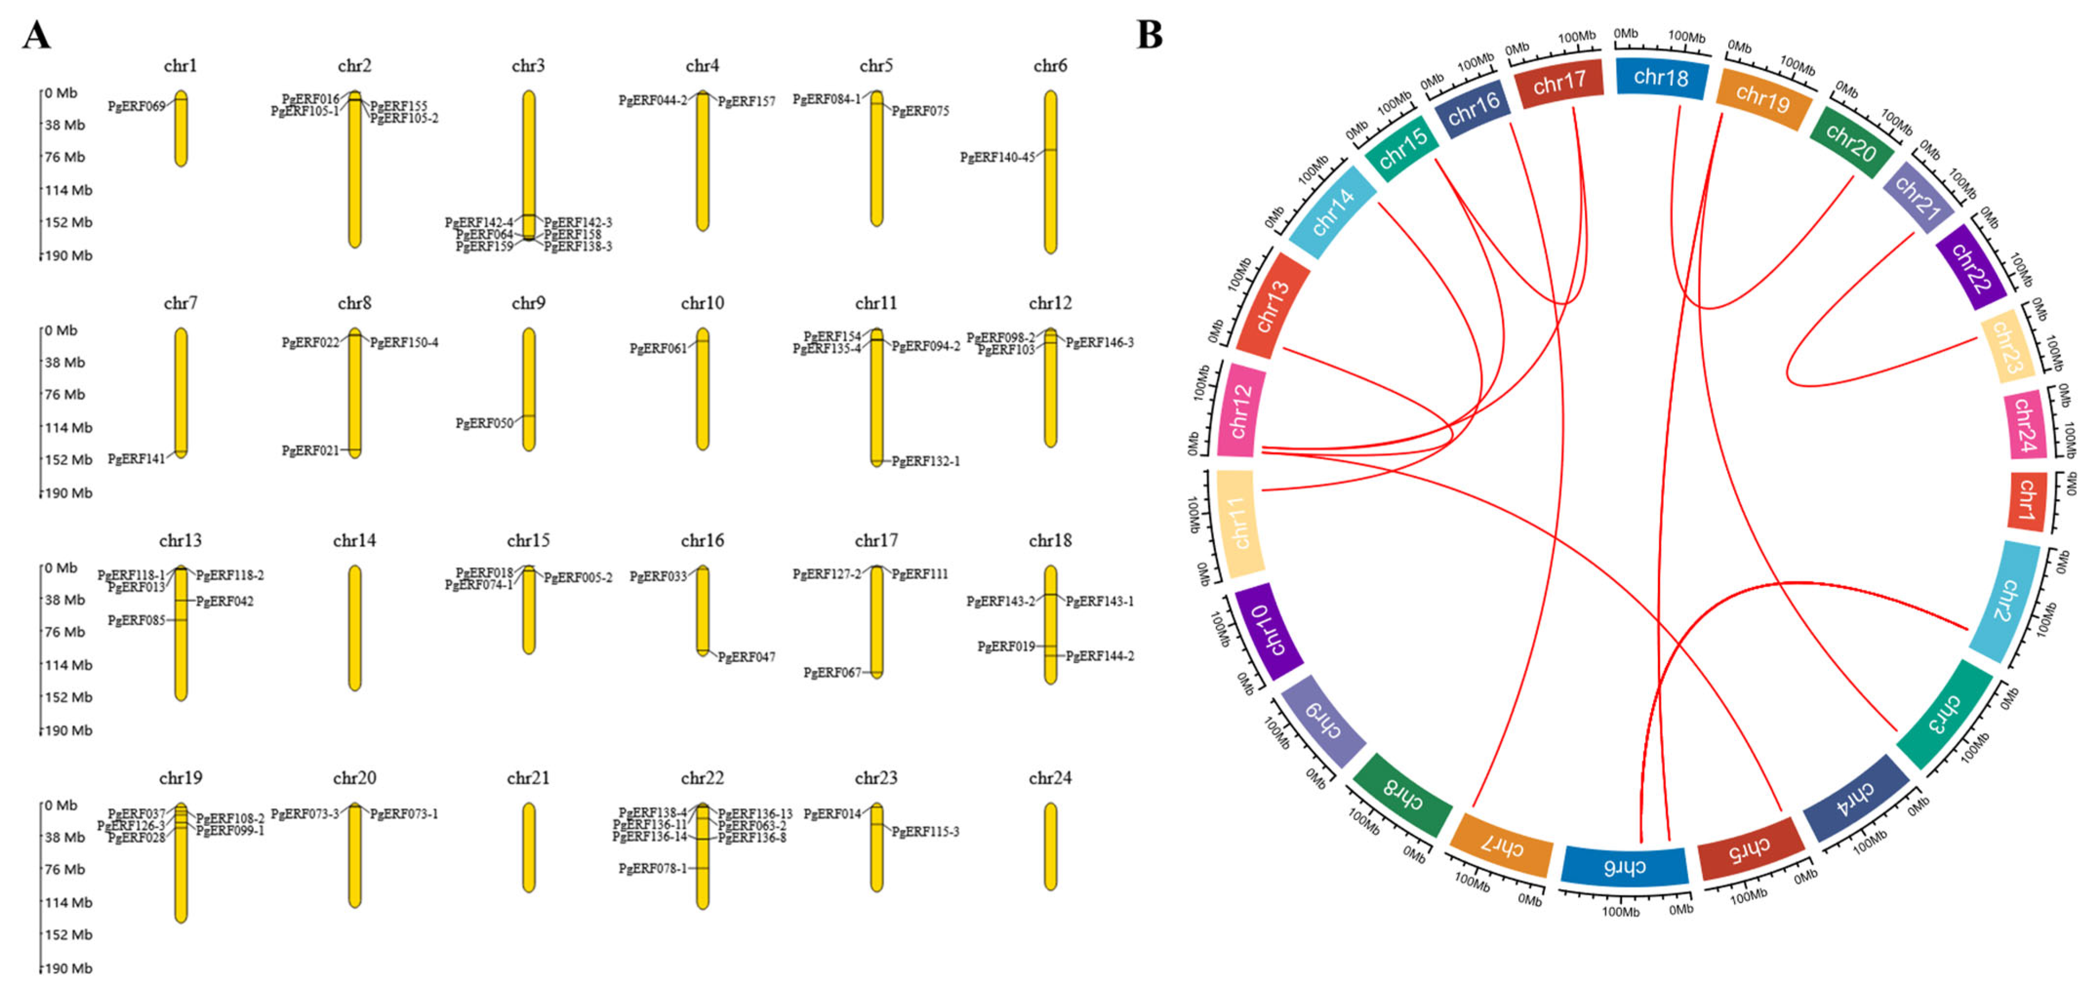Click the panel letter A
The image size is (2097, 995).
[x=37, y=36]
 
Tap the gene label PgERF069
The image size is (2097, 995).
[x=136, y=107]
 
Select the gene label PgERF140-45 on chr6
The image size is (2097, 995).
[x=997, y=157]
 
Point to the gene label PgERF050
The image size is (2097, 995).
[x=484, y=423]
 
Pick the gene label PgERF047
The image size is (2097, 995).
[x=746, y=657]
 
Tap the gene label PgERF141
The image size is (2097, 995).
[x=136, y=459]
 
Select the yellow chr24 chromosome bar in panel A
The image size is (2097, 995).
[x=1050, y=846]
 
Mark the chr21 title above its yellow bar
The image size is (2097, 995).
[x=528, y=778]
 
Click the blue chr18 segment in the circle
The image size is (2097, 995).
[x=1660, y=78]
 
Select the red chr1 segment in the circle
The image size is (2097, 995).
[x=2026, y=501]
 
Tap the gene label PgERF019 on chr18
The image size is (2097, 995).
[x=1006, y=646]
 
